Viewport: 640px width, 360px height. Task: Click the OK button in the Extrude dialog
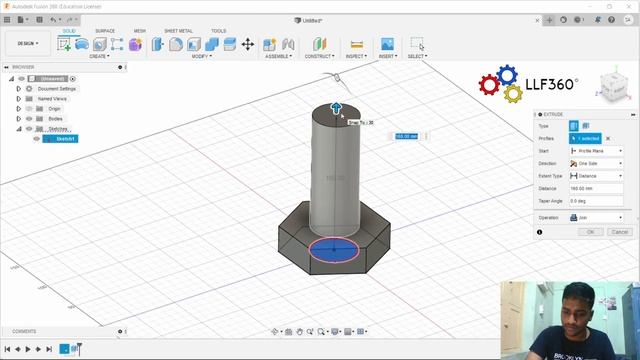(x=590, y=231)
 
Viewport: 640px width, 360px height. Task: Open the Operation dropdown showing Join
(x=595, y=217)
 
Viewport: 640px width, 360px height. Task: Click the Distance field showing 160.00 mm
(x=595, y=188)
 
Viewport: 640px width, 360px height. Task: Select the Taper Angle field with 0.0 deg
(x=595, y=201)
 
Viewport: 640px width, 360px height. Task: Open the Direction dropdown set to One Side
(x=595, y=163)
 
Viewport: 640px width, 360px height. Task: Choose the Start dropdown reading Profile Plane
(x=595, y=151)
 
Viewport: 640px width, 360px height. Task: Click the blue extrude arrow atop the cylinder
(x=337, y=108)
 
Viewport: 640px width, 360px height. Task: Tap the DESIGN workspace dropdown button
(x=27, y=44)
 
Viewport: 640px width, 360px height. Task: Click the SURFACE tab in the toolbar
(x=105, y=31)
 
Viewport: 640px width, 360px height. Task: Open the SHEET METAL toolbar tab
(x=178, y=31)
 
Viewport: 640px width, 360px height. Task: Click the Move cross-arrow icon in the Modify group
(x=247, y=44)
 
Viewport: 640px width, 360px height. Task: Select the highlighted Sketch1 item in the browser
(x=65, y=139)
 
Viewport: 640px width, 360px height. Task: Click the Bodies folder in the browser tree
(x=55, y=118)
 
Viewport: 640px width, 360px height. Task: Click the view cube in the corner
(x=613, y=87)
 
